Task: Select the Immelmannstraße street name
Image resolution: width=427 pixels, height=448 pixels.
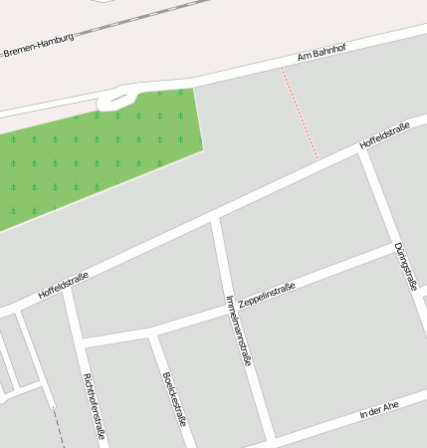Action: (x=238, y=331)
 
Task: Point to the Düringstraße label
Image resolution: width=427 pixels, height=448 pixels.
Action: (x=404, y=266)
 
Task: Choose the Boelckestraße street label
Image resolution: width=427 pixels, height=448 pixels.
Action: (x=174, y=398)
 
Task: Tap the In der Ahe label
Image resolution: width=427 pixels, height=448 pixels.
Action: (x=378, y=409)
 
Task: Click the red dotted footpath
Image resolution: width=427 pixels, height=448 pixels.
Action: (x=300, y=114)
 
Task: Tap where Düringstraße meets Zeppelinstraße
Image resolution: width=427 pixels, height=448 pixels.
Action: (x=391, y=247)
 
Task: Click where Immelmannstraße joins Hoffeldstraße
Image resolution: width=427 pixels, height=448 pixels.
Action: (x=215, y=220)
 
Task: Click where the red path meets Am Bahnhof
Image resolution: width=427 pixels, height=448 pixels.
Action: (x=282, y=68)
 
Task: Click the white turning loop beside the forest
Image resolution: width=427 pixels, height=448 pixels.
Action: (x=115, y=100)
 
